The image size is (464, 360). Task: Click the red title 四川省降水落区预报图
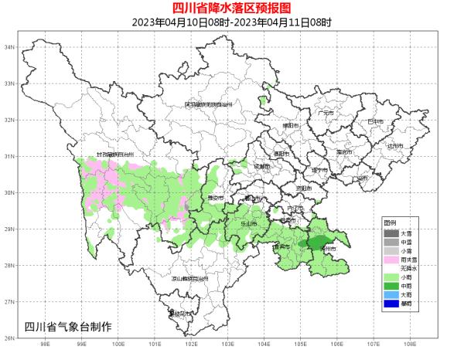pos(231,8)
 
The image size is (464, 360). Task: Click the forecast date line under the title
pos(231,22)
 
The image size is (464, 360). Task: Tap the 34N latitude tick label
pos(10,47)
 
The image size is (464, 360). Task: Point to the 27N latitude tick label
pos(10,301)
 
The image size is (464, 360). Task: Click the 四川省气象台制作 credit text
pos(68,326)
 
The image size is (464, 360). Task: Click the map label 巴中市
pos(376,121)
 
